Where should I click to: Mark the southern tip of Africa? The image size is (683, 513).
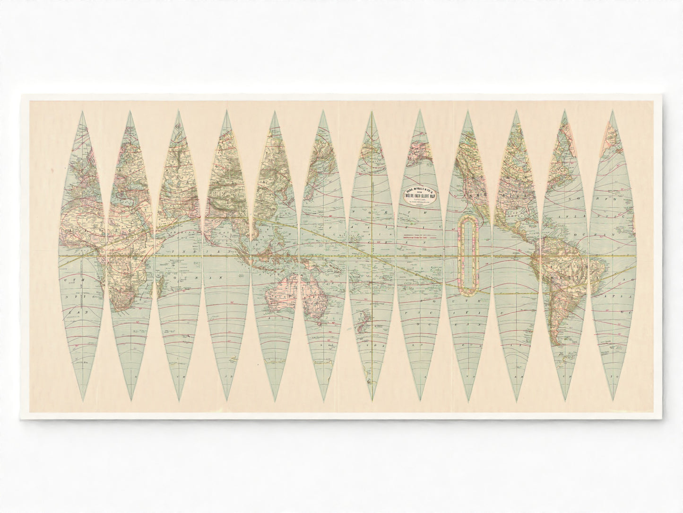[x=124, y=310]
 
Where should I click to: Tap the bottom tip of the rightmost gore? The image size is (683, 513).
[x=614, y=399]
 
